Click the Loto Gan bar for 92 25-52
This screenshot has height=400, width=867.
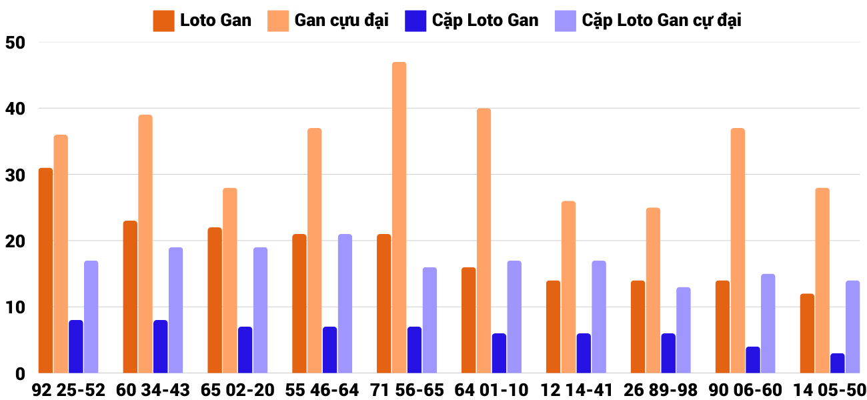[x=45, y=271]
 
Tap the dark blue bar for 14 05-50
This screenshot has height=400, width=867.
[x=838, y=363]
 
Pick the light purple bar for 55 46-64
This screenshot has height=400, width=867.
[x=345, y=304]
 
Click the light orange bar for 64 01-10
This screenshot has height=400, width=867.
[x=484, y=241]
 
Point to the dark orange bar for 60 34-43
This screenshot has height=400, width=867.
[x=130, y=297]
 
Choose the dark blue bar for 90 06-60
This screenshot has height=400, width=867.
[x=753, y=360]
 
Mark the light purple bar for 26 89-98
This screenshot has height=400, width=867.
[x=683, y=330]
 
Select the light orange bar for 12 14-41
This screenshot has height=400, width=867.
[x=568, y=287]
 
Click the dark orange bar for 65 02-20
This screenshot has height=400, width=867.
[x=215, y=301]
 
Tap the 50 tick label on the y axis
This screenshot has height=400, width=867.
[x=14, y=43]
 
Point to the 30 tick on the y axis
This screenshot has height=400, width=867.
[x=14, y=175]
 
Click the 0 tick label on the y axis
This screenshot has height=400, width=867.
[x=19, y=374]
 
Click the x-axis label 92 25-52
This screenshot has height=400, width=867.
[x=69, y=390]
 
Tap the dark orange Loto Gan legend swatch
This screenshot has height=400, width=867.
[x=163, y=21]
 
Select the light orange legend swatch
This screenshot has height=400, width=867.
[x=278, y=21]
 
